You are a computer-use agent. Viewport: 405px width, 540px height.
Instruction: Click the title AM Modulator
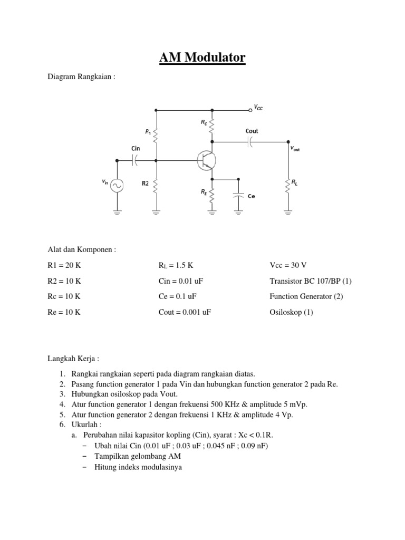[x=202, y=57]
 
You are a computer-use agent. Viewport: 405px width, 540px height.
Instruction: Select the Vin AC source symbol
[x=117, y=185]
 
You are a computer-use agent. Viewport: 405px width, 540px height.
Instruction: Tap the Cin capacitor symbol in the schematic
[x=136, y=160]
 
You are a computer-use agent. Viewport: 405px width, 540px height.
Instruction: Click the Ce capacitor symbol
[x=238, y=195]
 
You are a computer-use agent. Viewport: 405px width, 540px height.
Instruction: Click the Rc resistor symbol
[x=212, y=126]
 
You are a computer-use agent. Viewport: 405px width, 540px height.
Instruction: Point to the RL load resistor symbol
[x=288, y=185]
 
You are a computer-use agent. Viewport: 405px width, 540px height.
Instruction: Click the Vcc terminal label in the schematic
[x=258, y=108]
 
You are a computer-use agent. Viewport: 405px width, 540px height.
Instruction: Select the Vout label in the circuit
[x=295, y=149]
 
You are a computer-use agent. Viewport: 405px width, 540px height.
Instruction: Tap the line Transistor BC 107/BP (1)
[x=310, y=281]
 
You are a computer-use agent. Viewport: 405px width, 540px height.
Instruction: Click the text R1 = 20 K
[x=65, y=265]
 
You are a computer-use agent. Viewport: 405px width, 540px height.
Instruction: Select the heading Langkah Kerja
[x=72, y=359]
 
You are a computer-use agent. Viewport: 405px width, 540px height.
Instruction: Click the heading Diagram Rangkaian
[x=81, y=77]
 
